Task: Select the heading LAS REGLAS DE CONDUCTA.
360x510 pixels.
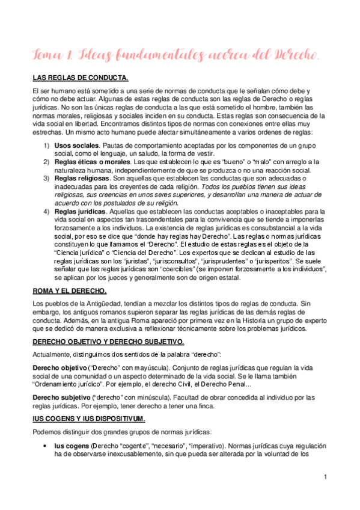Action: pyautogui.click(x=80, y=78)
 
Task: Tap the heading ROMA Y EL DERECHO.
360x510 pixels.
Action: pyautogui.click(x=69, y=291)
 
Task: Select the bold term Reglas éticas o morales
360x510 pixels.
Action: pyautogui.click(x=90, y=162)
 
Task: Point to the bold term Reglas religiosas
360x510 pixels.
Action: pyautogui.click(x=82, y=179)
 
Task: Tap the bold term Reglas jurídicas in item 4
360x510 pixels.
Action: pyautogui.click(x=81, y=211)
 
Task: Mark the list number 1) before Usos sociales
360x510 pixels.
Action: pyautogui.click(x=46, y=146)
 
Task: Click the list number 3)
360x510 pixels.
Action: pyautogui.click(x=46, y=179)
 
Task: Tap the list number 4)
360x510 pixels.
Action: pyautogui.click(x=46, y=211)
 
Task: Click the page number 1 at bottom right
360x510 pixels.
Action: pyautogui.click(x=325, y=478)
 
